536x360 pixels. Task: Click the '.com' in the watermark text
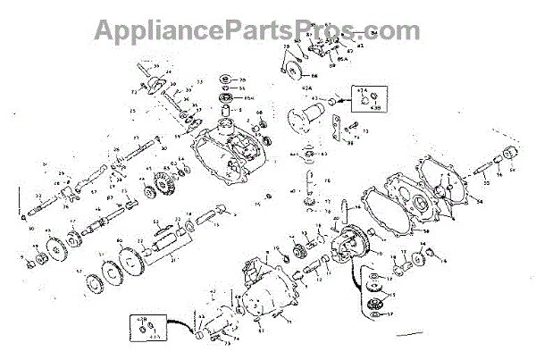point(380,31)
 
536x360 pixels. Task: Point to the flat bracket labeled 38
point(338,130)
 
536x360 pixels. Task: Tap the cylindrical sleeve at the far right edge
point(513,156)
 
